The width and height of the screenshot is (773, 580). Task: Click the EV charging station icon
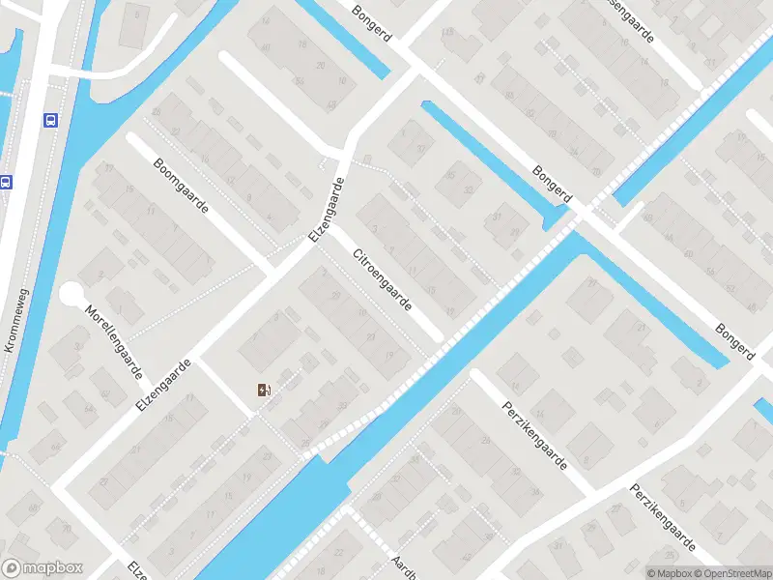[x=264, y=391]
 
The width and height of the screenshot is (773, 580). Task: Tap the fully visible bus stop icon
[x=48, y=121]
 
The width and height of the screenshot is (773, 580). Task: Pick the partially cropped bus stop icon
[x=5, y=181]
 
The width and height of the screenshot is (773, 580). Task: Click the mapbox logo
[x=43, y=568]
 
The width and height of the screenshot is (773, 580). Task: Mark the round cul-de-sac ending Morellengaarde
[x=72, y=294]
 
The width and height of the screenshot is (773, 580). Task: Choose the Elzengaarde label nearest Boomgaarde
[x=326, y=211]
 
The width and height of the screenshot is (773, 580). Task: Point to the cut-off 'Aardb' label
[x=402, y=565]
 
